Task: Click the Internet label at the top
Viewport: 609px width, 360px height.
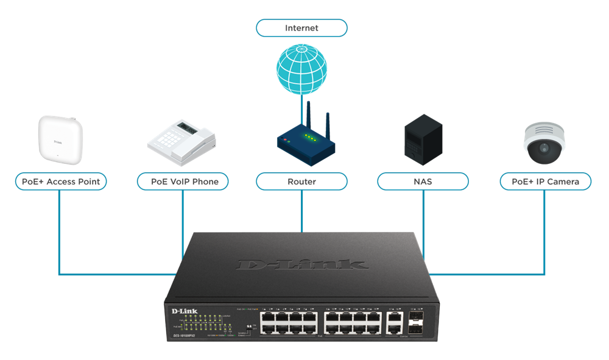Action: tap(301, 28)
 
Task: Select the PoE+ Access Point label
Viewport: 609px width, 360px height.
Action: tap(60, 182)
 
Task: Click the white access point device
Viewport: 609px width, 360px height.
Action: tap(60, 139)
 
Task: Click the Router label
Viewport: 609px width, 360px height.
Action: tap(301, 182)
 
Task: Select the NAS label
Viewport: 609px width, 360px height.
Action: tap(423, 182)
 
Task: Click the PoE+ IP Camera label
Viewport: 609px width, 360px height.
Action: tap(545, 182)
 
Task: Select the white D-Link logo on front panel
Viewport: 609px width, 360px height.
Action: tap(182, 312)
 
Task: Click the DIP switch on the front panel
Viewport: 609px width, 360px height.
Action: tap(248, 326)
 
